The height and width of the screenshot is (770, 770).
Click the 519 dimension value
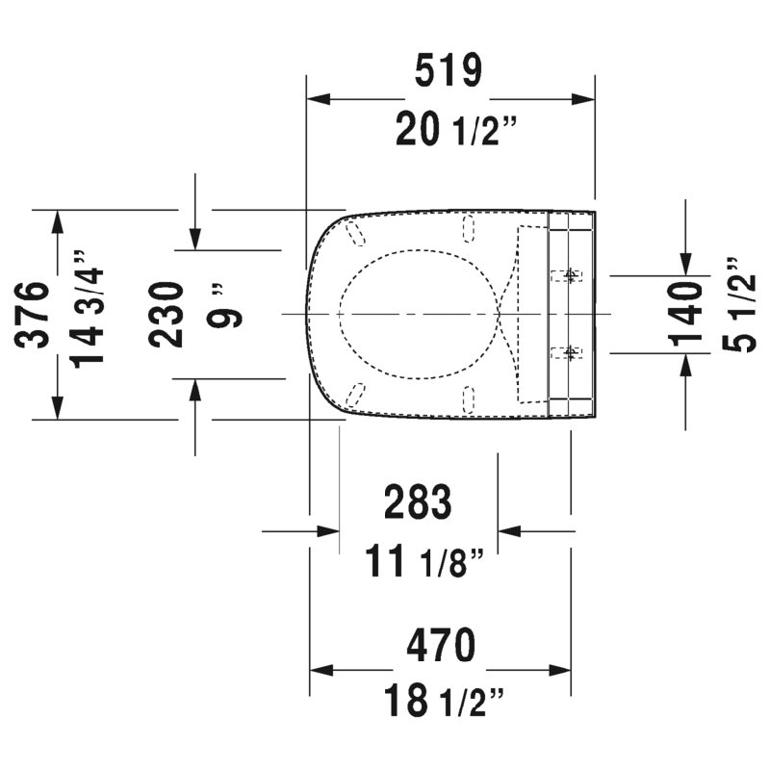click(449, 70)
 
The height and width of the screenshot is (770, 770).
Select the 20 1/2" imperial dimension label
click(456, 129)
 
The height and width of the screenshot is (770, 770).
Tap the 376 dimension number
click(33, 315)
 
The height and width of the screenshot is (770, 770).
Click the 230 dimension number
click(166, 315)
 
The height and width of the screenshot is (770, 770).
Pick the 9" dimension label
click(224, 305)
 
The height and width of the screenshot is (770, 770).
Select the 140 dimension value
click(685, 315)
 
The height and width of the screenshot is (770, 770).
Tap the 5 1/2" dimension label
click(739, 305)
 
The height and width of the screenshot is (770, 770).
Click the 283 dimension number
click(418, 501)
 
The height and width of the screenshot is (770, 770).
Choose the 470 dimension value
click(441, 645)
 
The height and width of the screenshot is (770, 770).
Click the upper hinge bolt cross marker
click(570, 275)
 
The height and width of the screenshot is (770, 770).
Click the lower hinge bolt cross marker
click(570, 352)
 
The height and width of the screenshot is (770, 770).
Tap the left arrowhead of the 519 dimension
click(318, 99)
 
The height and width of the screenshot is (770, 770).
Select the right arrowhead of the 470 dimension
click(560, 670)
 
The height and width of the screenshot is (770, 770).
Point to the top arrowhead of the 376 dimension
click(58, 221)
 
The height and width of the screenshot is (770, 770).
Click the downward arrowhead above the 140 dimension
click(685, 264)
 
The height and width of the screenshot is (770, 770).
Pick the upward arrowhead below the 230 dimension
click(195, 391)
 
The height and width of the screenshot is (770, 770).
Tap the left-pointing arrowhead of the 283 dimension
click(509, 531)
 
